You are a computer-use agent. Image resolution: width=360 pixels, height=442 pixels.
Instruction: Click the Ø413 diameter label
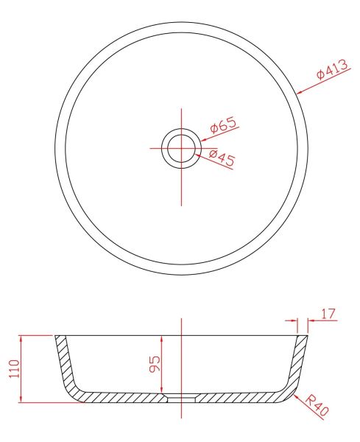click(332, 69)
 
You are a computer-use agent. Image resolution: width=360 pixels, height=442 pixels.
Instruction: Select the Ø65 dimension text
click(223, 125)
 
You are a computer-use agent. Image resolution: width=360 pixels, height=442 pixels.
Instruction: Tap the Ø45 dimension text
click(222, 158)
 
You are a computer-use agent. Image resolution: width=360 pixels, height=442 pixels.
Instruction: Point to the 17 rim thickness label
click(328, 314)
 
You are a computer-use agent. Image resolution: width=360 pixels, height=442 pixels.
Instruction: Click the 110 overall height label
click(15, 368)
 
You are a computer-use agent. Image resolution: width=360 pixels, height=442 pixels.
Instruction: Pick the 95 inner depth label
click(155, 364)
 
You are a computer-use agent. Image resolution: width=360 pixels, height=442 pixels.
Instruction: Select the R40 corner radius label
click(317, 406)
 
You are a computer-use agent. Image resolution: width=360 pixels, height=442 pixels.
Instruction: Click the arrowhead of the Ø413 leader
click(300, 92)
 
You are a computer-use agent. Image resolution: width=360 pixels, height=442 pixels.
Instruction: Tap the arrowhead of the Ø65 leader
click(204, 139)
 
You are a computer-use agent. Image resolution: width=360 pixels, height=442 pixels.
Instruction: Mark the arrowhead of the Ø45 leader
click(198, 155)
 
